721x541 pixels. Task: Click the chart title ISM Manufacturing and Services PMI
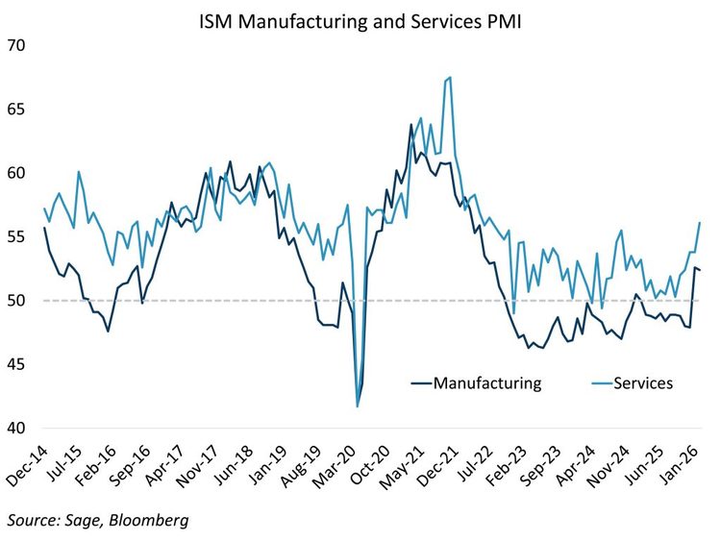pyautogui.click(x=360, y=21)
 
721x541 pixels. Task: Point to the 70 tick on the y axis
pyautogui.click(x=16, y=45)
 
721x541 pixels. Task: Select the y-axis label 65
pyautogui.click(x=16, y=110)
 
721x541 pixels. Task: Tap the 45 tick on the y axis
pyautogui.click(x=16, y=364)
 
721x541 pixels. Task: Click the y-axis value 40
pyautogui.click(x=16, y=429)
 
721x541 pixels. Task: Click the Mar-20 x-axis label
pyautogui.click(x=335, y=465)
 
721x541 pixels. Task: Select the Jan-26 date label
pyautogui.click(x=681, y=465)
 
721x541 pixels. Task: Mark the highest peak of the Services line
pyautogui.click(x=450, y=77)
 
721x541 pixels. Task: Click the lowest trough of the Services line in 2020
pyautogui.click(x=358, y=406)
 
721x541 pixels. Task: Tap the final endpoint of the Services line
pyautogui.click(x=700, y=223)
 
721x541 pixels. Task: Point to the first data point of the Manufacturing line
pyautogui.click(x=44, y=228)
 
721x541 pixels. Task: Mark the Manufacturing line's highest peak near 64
pyautogui.click(x=411, y=124)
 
